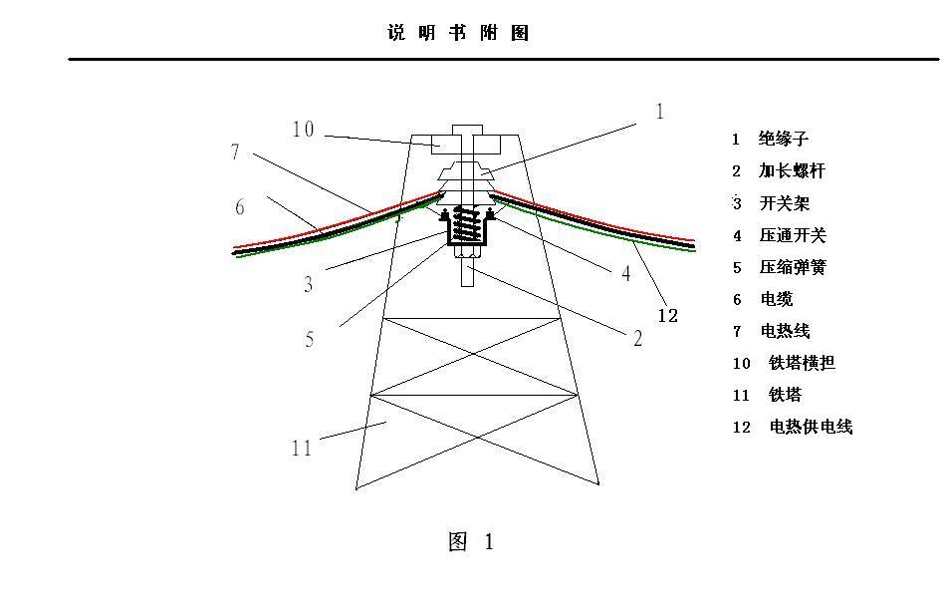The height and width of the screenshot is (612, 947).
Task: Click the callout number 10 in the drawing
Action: point(303,130)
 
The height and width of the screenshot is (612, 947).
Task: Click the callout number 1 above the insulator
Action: point(659,112)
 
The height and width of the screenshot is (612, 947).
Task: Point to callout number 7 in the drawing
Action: point(236,153)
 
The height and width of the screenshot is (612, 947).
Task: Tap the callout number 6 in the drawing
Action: point(240,207)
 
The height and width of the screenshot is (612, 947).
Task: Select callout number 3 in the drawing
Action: point(309,285)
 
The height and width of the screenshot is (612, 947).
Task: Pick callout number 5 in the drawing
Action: point(310,340)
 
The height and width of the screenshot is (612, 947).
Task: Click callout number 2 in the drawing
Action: point(637,338)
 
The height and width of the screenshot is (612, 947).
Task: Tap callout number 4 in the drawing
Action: point(626,274)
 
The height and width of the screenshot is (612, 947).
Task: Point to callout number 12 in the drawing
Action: point(667,316)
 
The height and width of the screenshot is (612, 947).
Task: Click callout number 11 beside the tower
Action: point(302,449)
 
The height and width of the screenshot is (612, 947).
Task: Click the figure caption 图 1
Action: point(471,542)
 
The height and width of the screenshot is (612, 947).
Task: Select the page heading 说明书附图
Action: point(458,33)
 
